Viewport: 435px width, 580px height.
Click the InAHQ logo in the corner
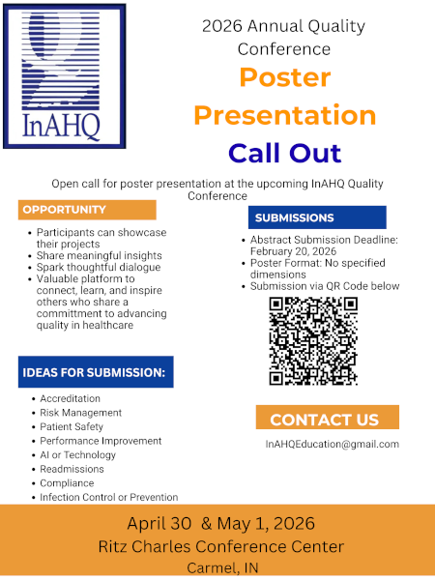tap(64, 75)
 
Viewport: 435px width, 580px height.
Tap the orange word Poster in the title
tap(284, 77)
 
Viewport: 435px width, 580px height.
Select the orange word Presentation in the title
tap(284, 115)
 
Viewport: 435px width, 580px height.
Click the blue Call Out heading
tap(284, 152)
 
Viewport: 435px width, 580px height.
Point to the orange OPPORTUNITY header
tap(86, 210)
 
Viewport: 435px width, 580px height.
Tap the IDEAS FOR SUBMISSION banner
tap(95, 372)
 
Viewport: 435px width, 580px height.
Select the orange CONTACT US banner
tap(326, 419)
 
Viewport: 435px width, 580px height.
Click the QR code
tap(313, 341)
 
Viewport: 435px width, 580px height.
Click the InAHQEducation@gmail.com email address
tap(332, 444)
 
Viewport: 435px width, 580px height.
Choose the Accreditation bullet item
tap(70, 398)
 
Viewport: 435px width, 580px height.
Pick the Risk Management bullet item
tap(80, 413)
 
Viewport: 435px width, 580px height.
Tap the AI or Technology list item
tap(77, 454)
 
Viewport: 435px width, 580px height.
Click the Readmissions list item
tap(73, 469)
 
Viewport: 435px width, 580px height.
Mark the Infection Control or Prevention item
tap(108, 497)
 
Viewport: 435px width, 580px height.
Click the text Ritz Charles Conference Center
tap(220, 546)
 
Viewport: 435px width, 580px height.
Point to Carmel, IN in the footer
tap(220, 567)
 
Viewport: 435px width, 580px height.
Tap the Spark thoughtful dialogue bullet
tap(99, 267)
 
